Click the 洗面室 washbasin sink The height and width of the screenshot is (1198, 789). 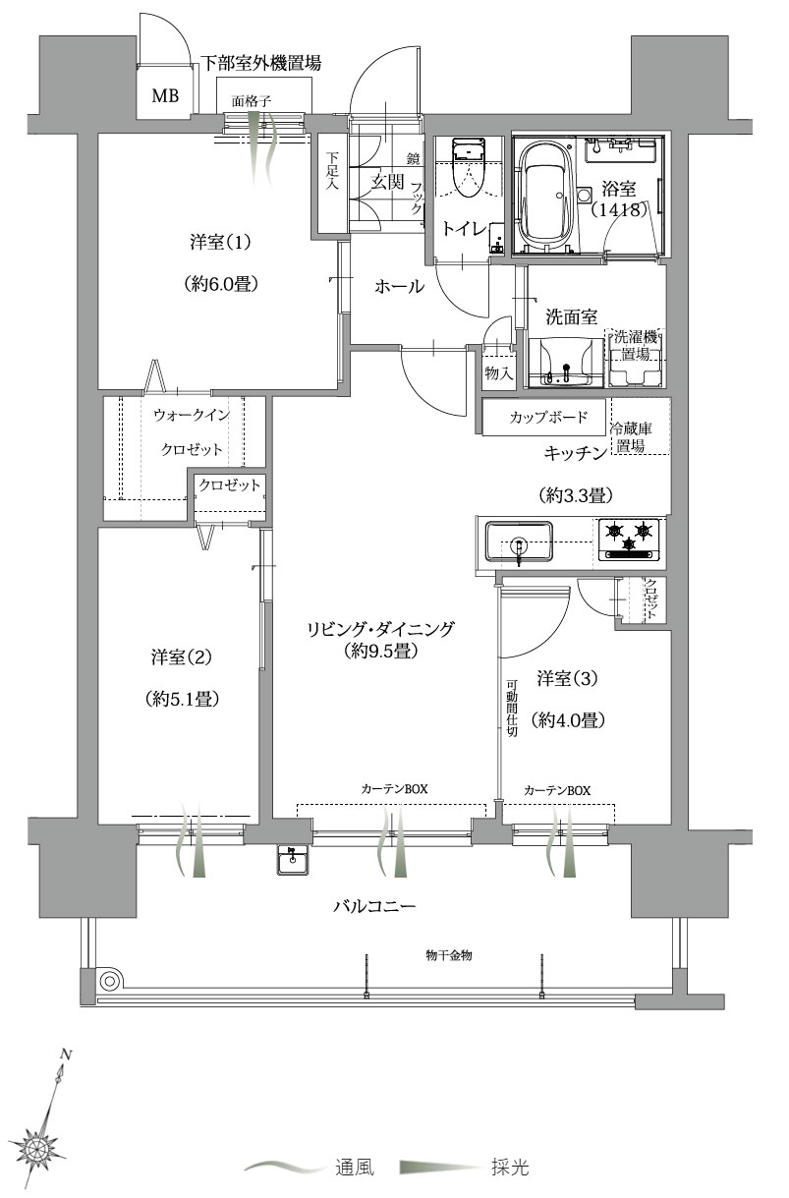point(565,362)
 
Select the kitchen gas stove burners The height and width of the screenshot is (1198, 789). point(629,538)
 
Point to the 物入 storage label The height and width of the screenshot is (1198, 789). point(498,372)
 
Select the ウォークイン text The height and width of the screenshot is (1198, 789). point(191,415)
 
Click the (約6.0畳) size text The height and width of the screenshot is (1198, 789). point(220,284)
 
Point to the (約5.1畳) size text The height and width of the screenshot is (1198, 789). point(181,699)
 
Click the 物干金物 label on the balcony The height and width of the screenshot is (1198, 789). point(449,954)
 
